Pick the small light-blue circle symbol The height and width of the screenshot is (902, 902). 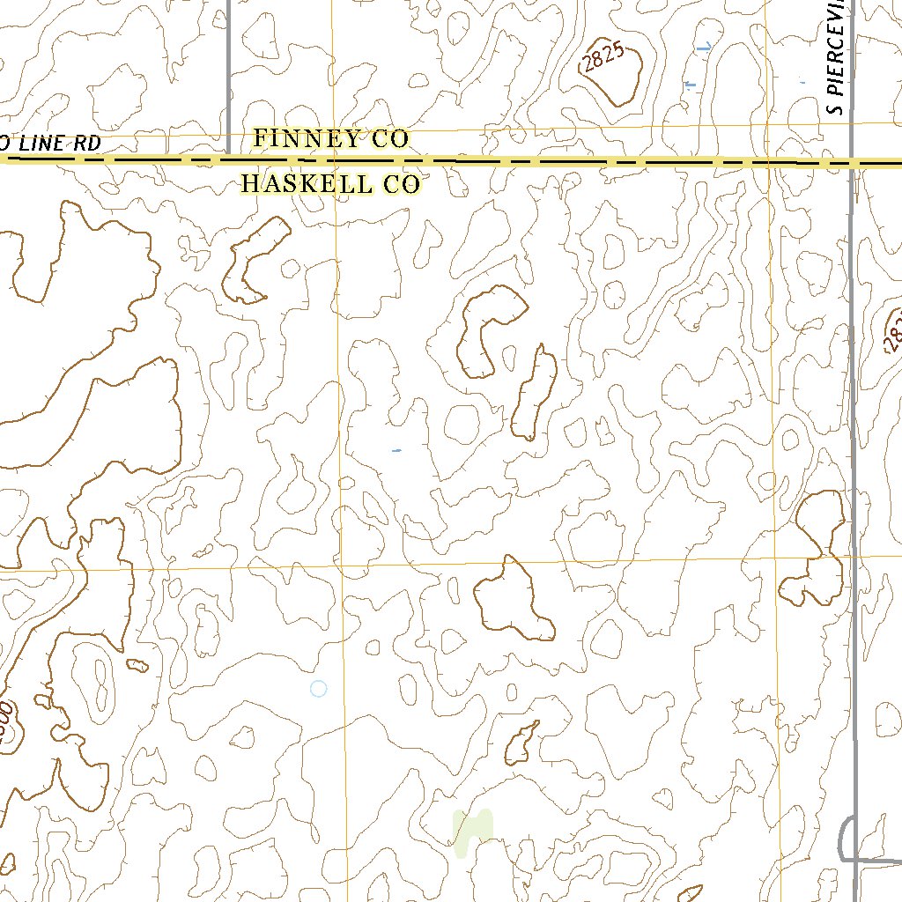pos(319,689)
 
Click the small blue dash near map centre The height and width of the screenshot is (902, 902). pos(396,451)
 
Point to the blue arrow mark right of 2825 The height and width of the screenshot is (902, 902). pos(703,48)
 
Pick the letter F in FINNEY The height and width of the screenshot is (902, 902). pos(260,138)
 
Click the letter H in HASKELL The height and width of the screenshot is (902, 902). pos(250,184)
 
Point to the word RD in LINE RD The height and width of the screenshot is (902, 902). pos(86,143)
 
